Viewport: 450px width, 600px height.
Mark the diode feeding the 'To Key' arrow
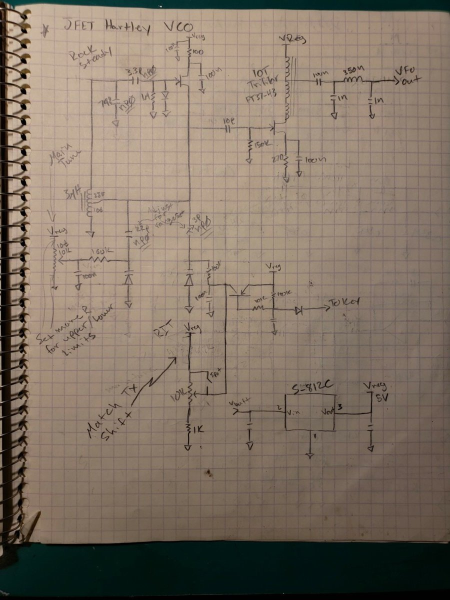[x=299, y=310]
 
